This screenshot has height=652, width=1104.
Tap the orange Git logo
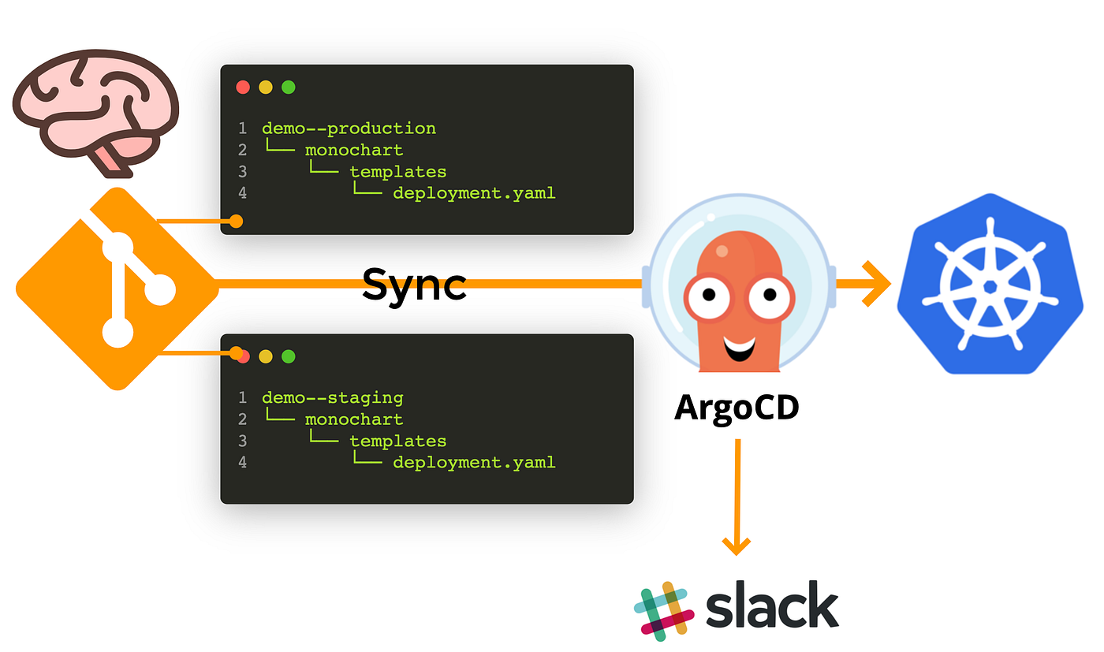pyautogui.click(x=117, y=289)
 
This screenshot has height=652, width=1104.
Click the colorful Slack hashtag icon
pyautogui.click(x=664, y=609)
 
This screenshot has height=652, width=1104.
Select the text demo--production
pyautogui.click(x=349, y=128)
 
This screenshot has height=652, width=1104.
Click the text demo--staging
pyautogui.click(x=332, y=397)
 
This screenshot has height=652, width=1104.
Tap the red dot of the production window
pyautogui.click(x=243, y=88)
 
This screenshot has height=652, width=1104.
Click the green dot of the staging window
pyautogui.click(x=289, y=356)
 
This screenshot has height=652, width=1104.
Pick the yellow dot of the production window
pyautogui.click(x=266, y=88)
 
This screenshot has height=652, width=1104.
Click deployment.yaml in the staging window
pyautogui.click(x=474, y=462)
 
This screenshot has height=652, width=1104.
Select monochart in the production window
pyautogui.click(x=354, y=150)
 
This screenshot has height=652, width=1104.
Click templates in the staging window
pyautogui.click(x=397, y=441)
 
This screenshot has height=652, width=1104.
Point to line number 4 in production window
pyautogui.click(x=243, y=193)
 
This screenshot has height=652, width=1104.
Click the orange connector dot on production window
pyautogui.click(x=235, y=222)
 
